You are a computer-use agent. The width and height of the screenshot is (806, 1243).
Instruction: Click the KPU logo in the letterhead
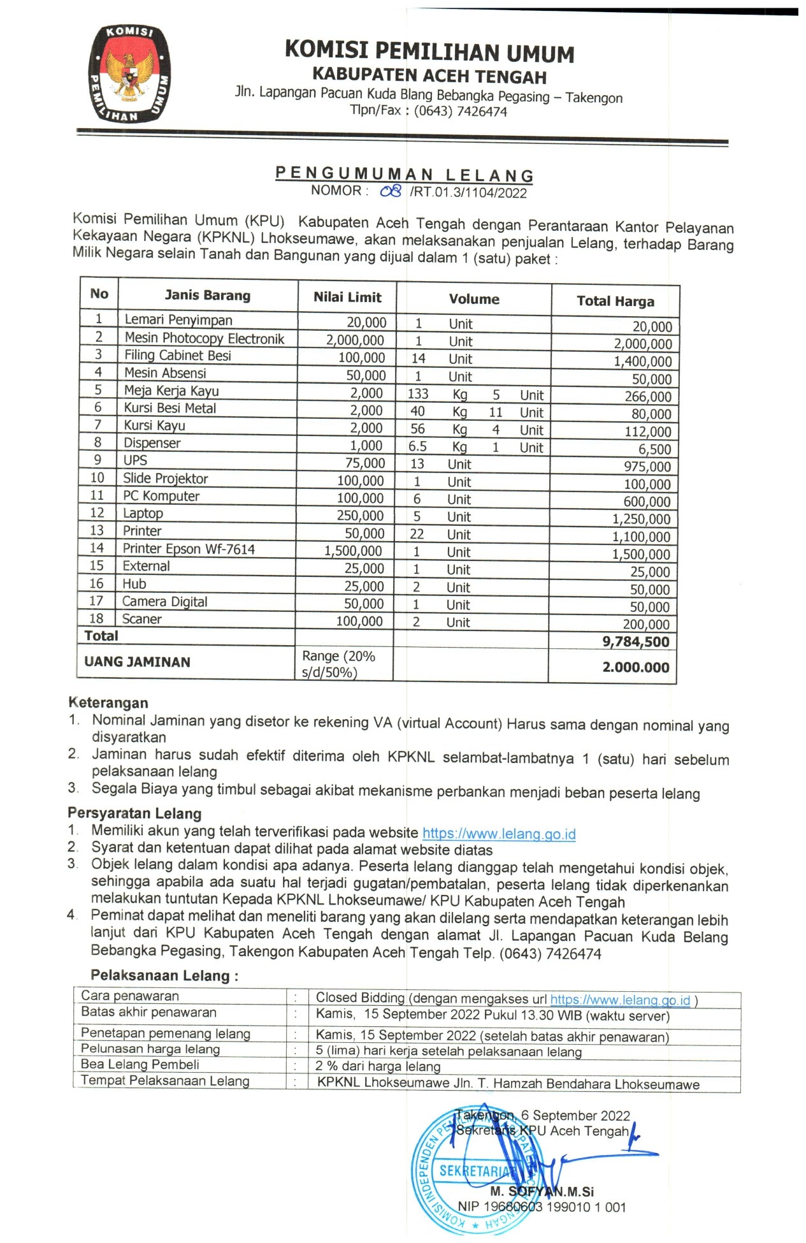[131, 73]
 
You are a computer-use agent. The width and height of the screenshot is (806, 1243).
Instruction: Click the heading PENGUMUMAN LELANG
[404, 174]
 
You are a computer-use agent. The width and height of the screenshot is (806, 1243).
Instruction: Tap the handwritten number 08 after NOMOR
[390, 191]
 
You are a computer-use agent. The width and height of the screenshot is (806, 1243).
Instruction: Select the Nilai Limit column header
[347, 297]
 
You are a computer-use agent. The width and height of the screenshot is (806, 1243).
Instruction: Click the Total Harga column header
[615, 301]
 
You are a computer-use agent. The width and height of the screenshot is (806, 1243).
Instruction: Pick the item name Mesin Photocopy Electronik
[204, 338]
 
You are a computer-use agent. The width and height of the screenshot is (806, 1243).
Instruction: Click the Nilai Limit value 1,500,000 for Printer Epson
[354, 551]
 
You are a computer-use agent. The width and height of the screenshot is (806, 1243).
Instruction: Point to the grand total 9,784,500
[635, 642]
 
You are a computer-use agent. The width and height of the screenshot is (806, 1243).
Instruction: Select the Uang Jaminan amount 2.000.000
[635, 667]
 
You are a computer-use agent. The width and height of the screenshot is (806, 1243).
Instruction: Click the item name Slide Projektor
[166, 479]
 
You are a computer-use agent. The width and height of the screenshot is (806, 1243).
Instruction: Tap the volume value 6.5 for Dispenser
[417, 447]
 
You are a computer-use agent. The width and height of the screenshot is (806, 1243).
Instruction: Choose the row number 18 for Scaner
[96, 618]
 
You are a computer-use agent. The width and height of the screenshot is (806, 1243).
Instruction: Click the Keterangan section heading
[108, 702]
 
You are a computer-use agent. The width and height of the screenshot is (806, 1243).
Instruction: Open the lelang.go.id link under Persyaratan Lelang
[499, 834]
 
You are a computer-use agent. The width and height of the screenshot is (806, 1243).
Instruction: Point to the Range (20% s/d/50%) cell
[338, 664]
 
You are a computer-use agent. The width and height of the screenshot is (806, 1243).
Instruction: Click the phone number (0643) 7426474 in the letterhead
[460, 112]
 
